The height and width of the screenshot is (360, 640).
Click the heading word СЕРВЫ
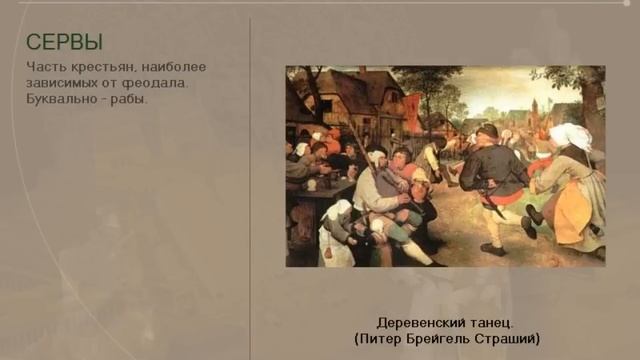coord(64,42)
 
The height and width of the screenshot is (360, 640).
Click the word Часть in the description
coord(46,67)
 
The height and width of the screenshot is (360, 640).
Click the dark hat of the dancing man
coord(487,130)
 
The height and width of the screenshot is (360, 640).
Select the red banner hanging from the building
coord(412,112)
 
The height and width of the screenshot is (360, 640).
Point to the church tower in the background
coord(536,108)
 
